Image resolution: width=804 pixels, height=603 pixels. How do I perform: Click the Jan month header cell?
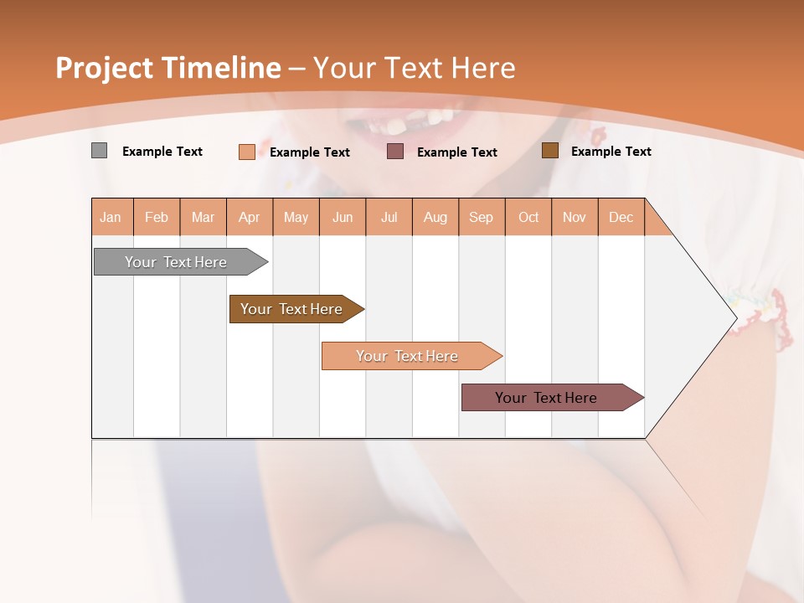[x=111, y=217]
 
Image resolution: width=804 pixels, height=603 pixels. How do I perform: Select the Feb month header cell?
[x=157, y=217]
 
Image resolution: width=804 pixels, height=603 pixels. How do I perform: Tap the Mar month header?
[x=203, y=217]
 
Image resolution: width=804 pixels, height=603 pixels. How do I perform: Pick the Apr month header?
[x=250, y=217]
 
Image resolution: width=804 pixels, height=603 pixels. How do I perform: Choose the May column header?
[x=296, y=217]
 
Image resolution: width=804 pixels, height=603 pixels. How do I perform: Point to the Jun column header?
[x=343, y=217]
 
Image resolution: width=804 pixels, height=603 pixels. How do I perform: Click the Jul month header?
[x=389, y=217]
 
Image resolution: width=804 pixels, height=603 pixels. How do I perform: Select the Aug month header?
[x=435, y=217]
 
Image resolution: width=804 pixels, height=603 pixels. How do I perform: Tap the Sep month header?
[x=482, y=217]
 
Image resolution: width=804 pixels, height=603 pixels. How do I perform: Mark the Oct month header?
[x=528, y=217]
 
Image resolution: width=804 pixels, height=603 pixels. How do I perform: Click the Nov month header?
[x=575, y=217]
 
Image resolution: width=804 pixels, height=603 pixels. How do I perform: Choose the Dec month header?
[x=621, y=217]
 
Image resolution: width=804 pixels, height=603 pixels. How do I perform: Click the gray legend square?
[x=99, y=151]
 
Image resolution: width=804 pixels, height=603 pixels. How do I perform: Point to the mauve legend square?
[x=395, y=152]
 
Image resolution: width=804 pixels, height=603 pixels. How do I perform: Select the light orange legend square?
[x=247, y=152]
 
